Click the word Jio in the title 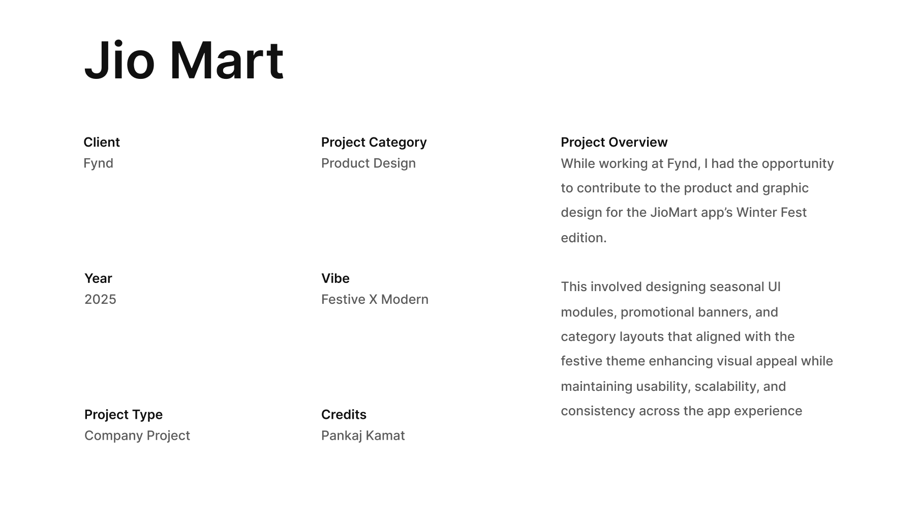click(x=119, y=60)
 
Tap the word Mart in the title click(x=227, y=60)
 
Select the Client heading click(x=102, y=142)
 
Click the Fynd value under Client click(x=99, y=163)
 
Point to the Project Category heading click(x=374, y=142)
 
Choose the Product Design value click(x=369, y=163)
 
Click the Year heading click(x=98, y=278)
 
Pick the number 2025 click(x=100, y=299)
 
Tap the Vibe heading click(x=335, y=278)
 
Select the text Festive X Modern click(x=375, y=299)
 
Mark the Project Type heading click(x=124, y=415)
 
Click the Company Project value click(x=137, y=436)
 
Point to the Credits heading click(x=344, y=415)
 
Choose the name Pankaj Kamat click(x=363, y=436)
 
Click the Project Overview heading click(x=614, y=142)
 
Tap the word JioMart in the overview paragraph click(x=673, y=212)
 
